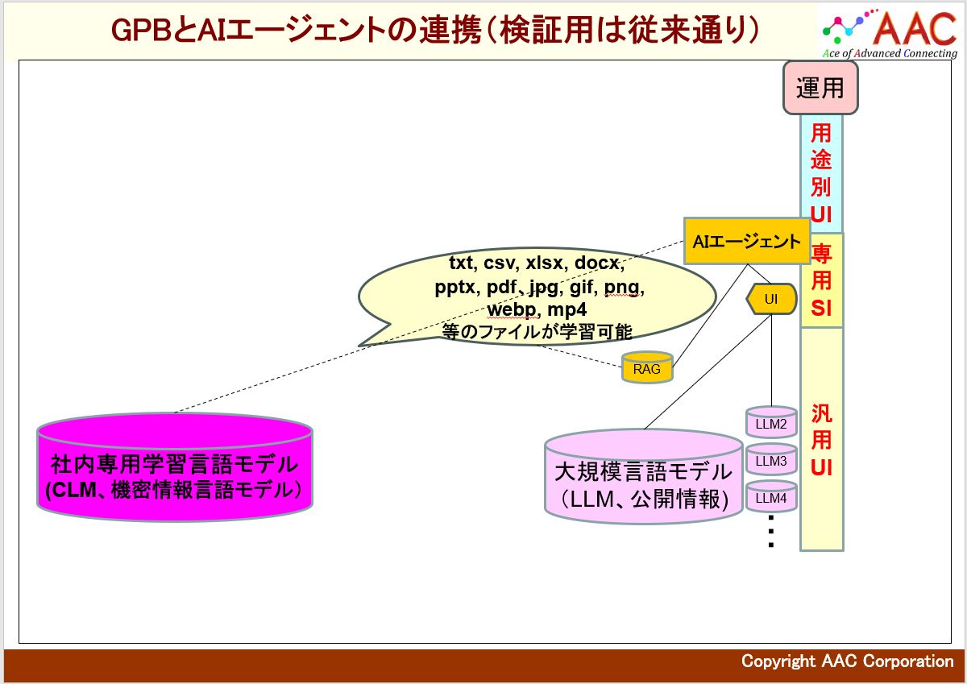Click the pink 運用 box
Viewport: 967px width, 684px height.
coord(820,87)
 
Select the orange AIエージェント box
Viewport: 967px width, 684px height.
coord(746,241)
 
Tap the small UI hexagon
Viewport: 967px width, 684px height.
coord(771,300)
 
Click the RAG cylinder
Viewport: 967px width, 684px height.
coord(646,368)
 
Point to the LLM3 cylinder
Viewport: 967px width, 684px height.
coord(771,461)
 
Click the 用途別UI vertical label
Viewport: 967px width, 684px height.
coord(821,172)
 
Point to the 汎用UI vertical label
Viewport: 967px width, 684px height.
coord(821,440)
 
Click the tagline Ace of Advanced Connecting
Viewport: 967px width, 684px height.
coord(890,54)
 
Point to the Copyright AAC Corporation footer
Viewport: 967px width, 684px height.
coord(847,661)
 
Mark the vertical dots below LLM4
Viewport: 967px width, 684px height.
coord(771,532)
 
